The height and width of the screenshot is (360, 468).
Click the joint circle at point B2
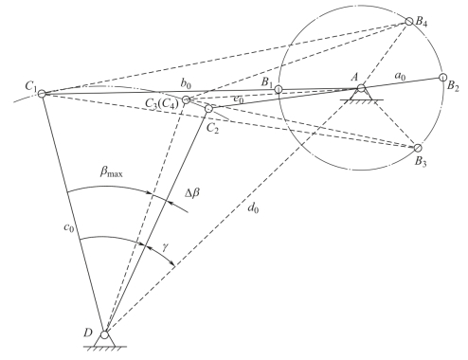pos(441,79)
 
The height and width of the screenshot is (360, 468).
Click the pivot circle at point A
pos(362,90)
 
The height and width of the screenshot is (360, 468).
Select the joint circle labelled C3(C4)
pos(187,99)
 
